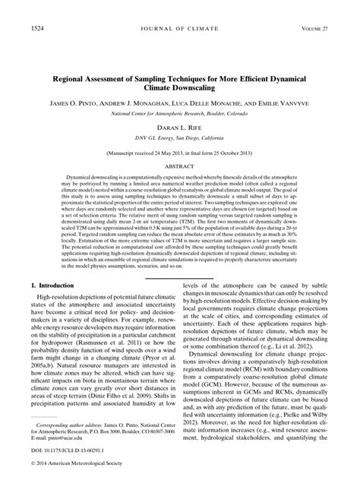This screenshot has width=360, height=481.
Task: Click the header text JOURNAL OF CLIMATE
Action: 179,28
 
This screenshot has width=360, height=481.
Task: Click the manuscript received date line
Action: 179,172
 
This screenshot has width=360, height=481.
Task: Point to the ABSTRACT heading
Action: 179,186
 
